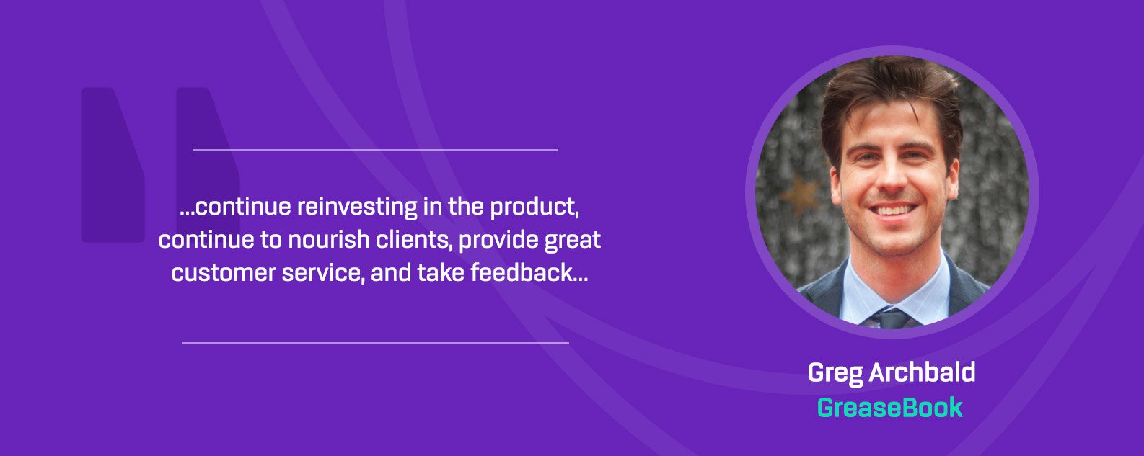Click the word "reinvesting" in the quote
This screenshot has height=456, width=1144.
[357, 207]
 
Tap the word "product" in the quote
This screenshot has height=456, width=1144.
[534, 207]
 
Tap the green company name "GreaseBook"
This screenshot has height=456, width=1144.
[889, 408]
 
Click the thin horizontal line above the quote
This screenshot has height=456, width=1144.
[375, 150]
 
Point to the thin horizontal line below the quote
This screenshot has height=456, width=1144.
[375, 343]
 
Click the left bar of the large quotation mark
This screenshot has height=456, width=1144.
[113, 165]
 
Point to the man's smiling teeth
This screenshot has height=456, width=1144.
[892, 209]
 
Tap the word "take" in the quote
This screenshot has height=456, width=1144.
[440, 273]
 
